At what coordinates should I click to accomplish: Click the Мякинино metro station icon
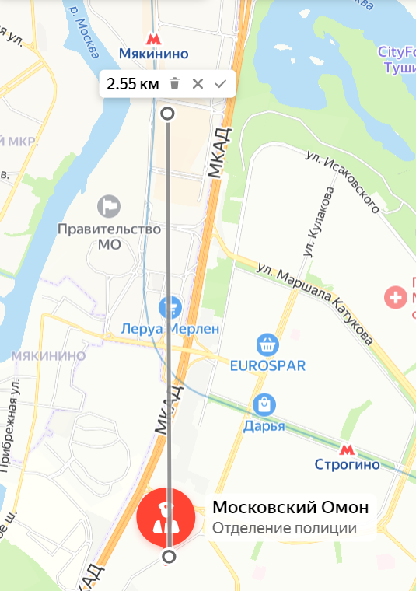(x=153, y=38)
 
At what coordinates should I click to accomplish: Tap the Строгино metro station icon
(x=347, y=449)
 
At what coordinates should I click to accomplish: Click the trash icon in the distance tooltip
(x=175, y=83)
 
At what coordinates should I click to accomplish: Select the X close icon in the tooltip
(x=198, y=83)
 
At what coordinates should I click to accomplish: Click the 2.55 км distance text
(x=132, y=84)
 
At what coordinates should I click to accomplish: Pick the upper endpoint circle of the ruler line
(x=167, y=114)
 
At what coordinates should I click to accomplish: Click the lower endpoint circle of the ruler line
(x=169, y=557)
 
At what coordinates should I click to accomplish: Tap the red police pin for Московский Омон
(x=165, y=517)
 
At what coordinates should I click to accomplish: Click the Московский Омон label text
(x=290, y=508)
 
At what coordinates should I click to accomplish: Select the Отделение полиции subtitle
(x=284, y=529)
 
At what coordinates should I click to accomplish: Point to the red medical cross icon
(x=397, y=296)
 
